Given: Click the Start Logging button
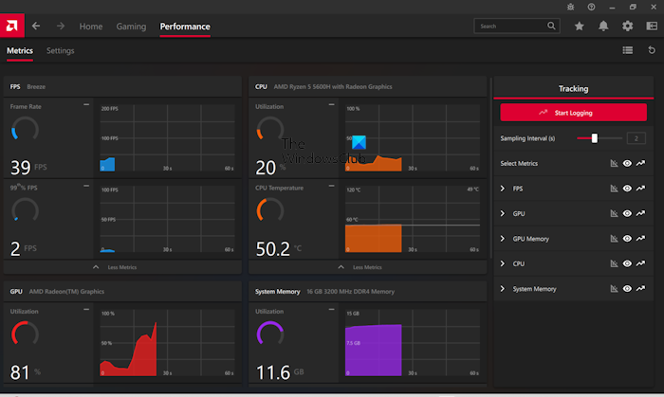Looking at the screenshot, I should point(573,113).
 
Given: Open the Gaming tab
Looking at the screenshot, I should point(131,27).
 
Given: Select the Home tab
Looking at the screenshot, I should point(91,27).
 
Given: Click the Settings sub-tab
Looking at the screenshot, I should point(61,50).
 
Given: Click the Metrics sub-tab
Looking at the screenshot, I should point(20,50).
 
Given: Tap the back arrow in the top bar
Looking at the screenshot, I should point(36,27).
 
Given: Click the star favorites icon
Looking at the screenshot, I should point(580,27).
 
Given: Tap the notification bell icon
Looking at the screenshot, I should point(603,27).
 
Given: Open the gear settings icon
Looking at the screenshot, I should point(627,27).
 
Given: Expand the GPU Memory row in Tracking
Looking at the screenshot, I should point(503,239).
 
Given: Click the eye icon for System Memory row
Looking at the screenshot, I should point(627,289).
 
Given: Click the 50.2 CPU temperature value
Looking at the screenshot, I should point(273,250).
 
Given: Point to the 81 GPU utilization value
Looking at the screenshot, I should point(20,372).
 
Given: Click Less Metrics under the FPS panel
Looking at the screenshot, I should point(121,267).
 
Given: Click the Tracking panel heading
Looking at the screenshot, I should point(573,88).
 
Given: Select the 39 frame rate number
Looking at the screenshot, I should point(21,169).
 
